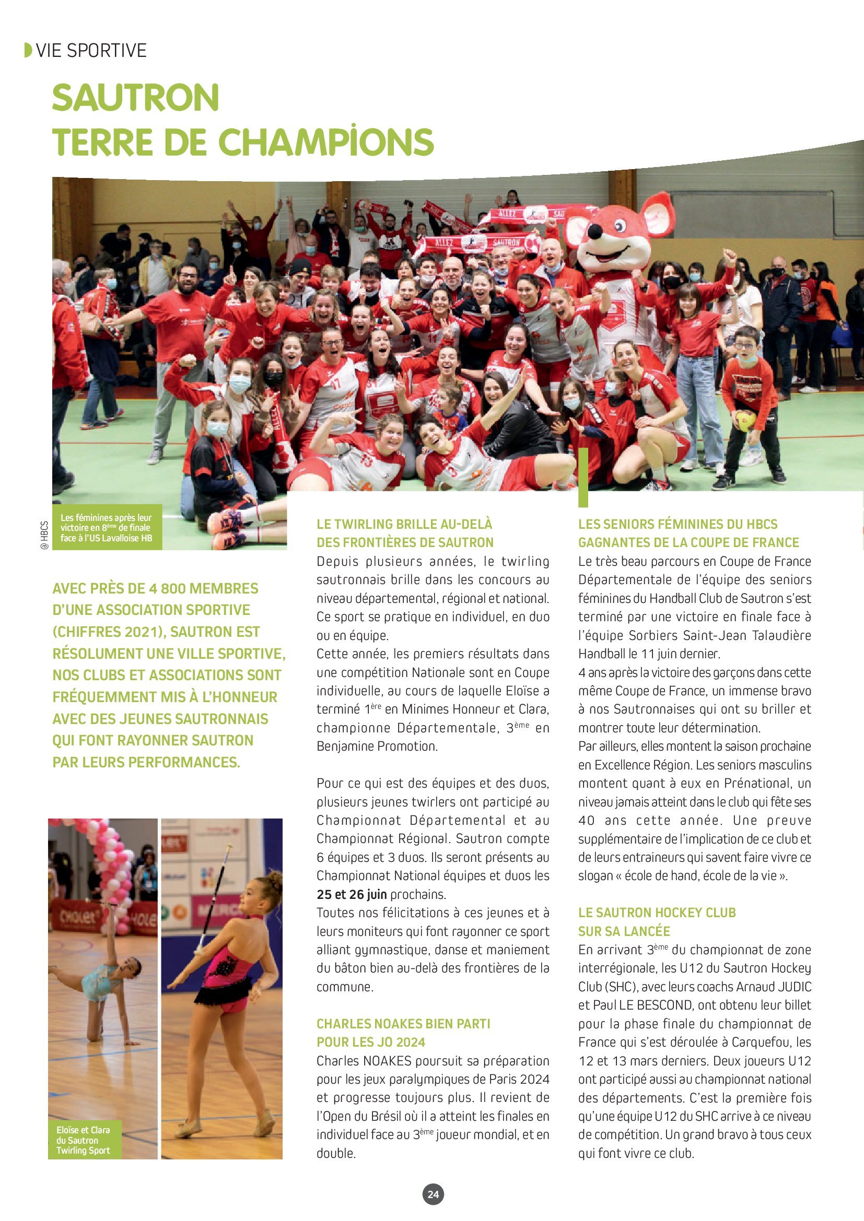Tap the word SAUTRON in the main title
tap(136, 97)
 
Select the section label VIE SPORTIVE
tap(91, 51)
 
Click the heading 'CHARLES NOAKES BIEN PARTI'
tap(403, 1024)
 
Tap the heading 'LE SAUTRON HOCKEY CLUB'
tap(657, 912)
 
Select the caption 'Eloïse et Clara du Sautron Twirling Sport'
tap(83, 1140)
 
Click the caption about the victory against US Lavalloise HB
tap(106, 527)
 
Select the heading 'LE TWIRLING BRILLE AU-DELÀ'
tap(404, 524)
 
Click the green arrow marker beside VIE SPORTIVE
tap(28, 51)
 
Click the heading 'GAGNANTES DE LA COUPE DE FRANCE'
tap(688, 542)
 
